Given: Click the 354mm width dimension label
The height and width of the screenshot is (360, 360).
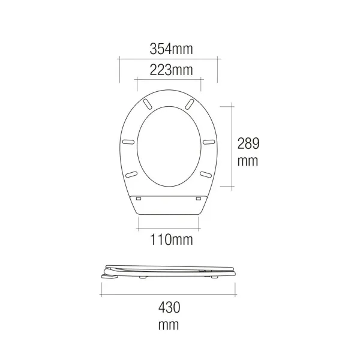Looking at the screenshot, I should [167, 47].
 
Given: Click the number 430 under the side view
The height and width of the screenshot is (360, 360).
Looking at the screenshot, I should [169, 308].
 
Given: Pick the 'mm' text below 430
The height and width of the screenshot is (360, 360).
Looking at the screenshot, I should [169, 326].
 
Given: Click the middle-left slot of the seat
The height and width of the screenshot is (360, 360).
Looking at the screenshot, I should [128, 142].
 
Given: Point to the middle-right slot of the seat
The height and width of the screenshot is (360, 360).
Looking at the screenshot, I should [209, 142].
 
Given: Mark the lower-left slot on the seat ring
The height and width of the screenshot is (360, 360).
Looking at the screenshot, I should [131, 174].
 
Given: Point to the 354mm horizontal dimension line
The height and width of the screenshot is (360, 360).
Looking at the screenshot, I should [168, 59].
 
